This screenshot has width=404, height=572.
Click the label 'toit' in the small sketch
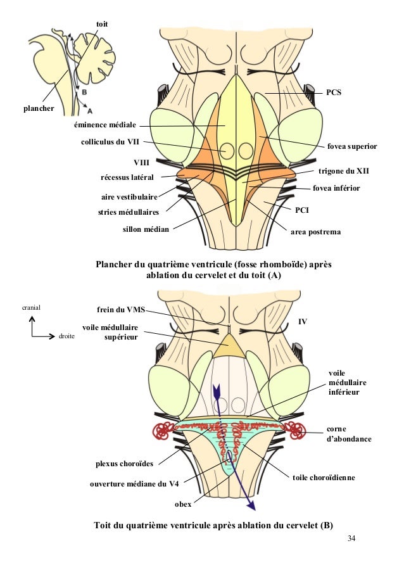click(x=101, y=23)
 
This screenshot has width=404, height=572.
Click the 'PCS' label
click(x=334, y=92)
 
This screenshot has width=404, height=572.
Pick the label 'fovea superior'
click(x=352, y=146)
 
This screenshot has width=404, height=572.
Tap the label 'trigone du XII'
click(x=343, y=171)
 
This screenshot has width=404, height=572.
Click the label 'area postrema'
click(x=315, y=232)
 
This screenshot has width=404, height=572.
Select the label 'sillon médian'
click(x=146, y=229)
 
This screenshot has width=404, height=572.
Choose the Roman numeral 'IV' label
click(x=303, y=322)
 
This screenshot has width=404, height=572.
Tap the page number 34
click(x=351, y=539)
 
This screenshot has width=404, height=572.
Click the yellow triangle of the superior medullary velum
click(x=229, y=346)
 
